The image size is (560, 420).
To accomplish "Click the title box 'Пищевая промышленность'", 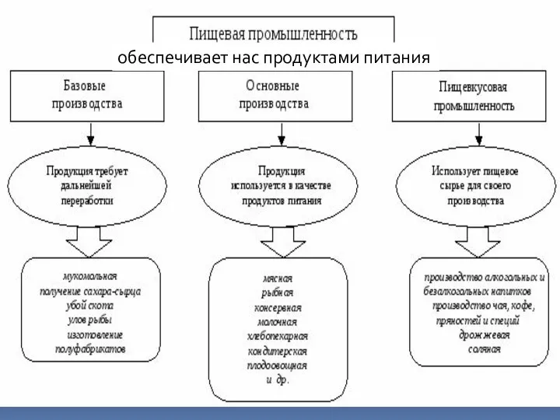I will click(x=273, y=33).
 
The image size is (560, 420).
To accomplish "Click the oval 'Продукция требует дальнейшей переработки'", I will click(x=87, y=184).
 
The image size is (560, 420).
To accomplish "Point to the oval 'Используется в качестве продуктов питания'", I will click(x=271, y=185).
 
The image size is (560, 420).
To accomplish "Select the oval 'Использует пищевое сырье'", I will click(x=475, y=185).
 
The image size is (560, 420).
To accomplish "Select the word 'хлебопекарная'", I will click(x=278, y=337).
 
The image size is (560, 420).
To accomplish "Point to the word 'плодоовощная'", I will click(x=278, y=366).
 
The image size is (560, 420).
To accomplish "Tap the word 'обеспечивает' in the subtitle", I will click(x=159, y=58).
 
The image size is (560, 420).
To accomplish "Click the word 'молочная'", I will click(x=278, y=322).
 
